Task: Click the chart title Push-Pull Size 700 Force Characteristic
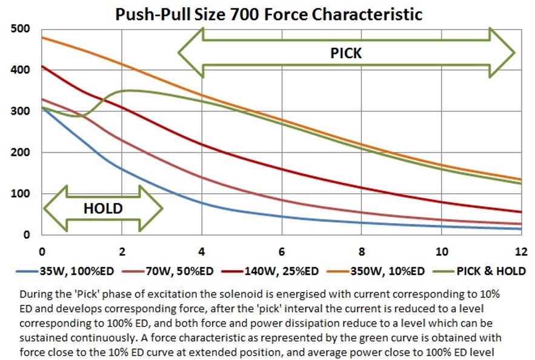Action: (x=268, y=13)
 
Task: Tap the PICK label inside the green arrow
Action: (x=346, y=53)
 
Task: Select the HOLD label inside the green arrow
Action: (x=102, y=208)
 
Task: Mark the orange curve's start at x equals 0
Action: (x=41, y=38)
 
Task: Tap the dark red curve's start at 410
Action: (x=41, y=66)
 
